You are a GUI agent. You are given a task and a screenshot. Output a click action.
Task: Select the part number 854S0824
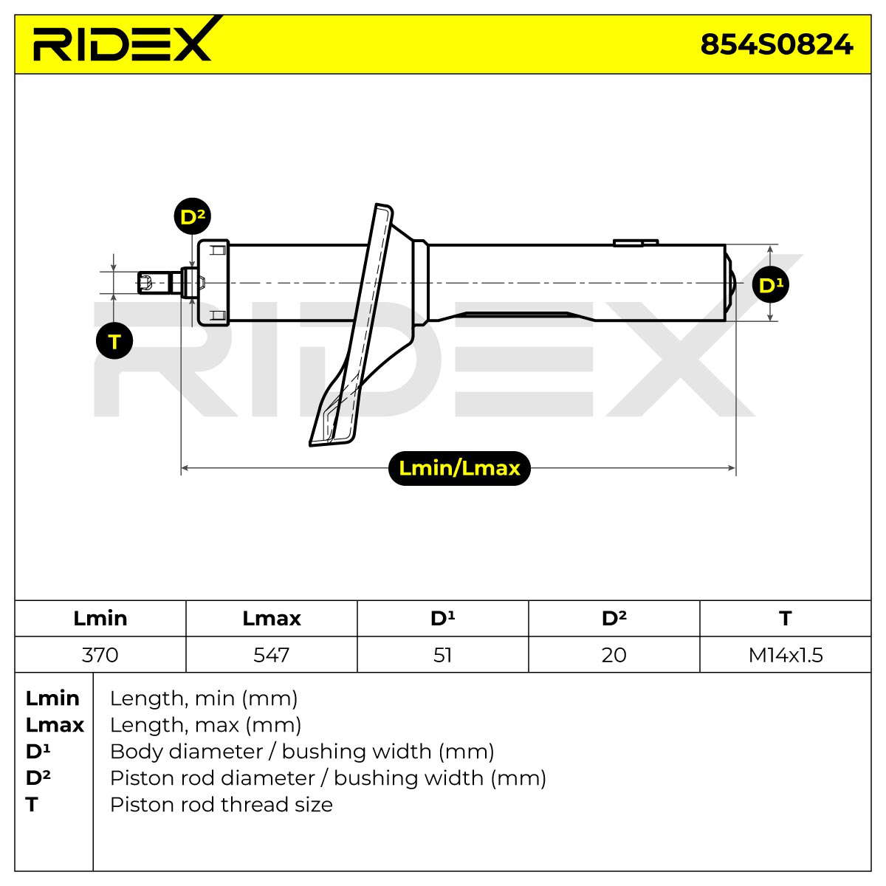[777, 44]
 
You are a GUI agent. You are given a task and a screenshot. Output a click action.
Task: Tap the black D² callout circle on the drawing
[192, 216]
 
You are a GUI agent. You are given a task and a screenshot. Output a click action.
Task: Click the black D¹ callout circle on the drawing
[770, 284]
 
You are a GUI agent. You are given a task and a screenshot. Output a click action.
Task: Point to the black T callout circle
[114, 340]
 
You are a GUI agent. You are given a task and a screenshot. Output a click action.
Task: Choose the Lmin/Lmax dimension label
[459, 468]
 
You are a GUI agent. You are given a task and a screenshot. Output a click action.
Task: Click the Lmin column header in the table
[100, 619]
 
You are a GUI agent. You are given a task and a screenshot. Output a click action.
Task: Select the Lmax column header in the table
[272, 619]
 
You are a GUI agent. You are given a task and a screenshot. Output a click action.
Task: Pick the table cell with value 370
[100, 655]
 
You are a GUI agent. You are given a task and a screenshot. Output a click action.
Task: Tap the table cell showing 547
[272, 655]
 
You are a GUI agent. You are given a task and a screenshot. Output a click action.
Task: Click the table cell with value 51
[443, 655]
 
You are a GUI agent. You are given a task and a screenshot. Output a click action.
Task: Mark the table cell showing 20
[614, 655]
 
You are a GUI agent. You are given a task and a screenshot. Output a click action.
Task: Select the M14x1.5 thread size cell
[786, 655]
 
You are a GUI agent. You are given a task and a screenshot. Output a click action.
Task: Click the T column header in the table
[786, 619]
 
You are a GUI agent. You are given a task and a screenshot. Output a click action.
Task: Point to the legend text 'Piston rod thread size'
[221, 805]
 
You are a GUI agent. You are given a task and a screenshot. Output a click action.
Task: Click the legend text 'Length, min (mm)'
[204, 699]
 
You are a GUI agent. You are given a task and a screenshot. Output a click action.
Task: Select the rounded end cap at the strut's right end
[731, 283]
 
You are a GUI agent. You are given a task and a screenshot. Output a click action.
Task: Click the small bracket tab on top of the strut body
[636, 242]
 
